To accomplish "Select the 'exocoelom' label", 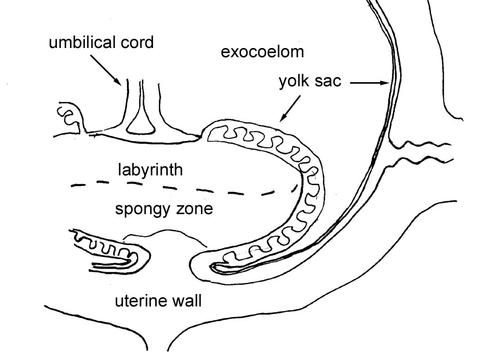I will [x=262, y=52].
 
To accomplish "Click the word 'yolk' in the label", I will [x=295, y=82].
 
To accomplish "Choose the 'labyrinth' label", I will [x=150, y=169].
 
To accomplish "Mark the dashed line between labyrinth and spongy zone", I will [x=185, y=188].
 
